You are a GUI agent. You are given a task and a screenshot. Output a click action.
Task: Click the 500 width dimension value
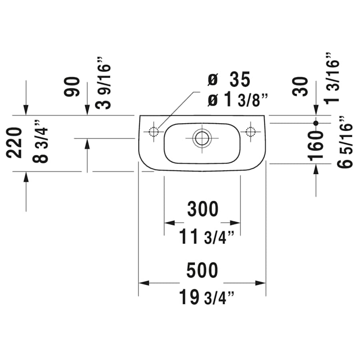coord(202,270)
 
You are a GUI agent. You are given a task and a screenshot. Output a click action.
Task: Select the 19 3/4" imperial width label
coord(206,297)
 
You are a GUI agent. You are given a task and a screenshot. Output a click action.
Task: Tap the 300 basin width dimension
coord(203,210)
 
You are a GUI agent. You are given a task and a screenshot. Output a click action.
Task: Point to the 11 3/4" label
coord(206,238)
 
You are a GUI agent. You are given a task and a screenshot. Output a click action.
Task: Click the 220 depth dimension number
coord(16,142)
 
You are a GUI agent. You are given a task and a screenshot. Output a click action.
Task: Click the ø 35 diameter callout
coord(229,80)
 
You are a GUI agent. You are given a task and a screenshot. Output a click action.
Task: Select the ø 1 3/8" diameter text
coord(237,100)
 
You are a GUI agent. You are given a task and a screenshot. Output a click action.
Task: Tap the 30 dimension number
coord(301,86)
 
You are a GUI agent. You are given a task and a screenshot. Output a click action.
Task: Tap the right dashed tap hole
coord(251,132)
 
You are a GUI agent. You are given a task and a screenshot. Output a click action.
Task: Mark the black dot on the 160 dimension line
coord(316,123)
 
